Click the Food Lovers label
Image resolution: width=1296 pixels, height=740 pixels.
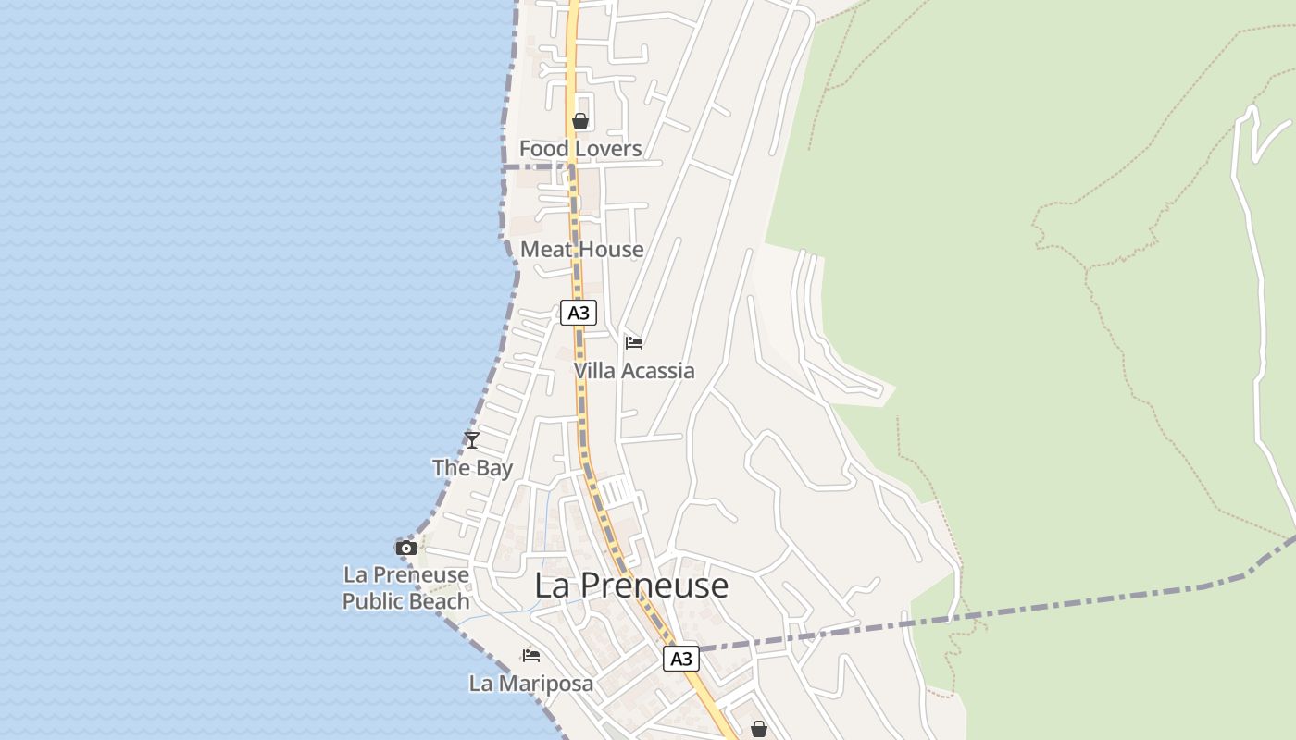point(580,149)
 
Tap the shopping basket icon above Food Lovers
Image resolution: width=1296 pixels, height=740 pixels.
point(580,121)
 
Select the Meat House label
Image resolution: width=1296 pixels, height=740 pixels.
point(581,250)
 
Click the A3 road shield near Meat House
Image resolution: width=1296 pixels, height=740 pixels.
point(579,313)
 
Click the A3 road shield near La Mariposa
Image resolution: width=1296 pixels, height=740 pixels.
point(680,659)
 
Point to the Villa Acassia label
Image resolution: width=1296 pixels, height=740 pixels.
point(634,371)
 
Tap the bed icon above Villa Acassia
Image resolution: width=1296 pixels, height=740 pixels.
point(634,343)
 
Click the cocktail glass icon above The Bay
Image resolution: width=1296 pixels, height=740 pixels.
point(472,440)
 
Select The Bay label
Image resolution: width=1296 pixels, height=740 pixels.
point(472,468)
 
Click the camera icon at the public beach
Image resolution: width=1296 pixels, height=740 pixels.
point(405,548)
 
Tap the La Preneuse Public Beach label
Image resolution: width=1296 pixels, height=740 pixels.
point(405,588)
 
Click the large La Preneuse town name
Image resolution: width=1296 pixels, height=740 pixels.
point(632,586)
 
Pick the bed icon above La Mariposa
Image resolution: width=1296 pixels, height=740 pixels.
point(531,656)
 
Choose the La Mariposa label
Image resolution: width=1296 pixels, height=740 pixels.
point(531,684)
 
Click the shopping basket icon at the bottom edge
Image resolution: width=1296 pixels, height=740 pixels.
point(759,729)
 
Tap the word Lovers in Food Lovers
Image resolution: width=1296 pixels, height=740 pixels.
point(605,149)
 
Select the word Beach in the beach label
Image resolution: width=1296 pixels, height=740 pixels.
point(441,601)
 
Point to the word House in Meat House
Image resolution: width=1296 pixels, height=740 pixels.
point(607,250)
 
